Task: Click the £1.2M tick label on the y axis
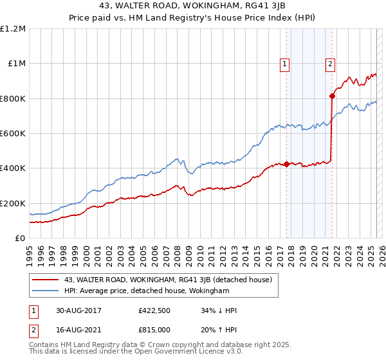click(14, 28)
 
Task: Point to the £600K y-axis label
click(13, 134)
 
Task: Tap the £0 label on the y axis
click(20, 239)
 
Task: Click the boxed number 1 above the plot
click(284, 64)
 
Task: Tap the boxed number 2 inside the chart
click(330, 64)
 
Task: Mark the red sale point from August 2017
click(287, 164)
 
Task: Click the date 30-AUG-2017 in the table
click(78, 310)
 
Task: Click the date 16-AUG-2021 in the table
click(78, 328)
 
